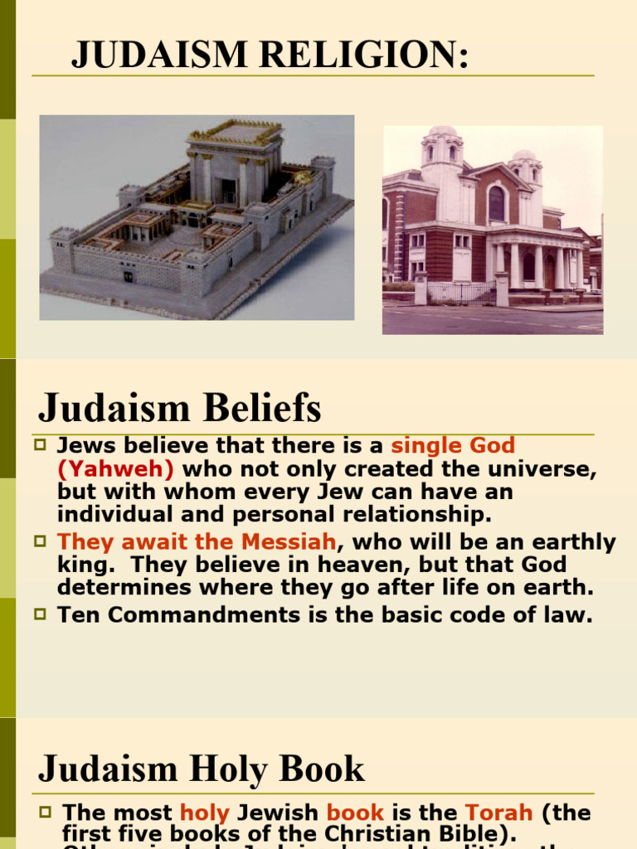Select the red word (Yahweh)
coord(115,469)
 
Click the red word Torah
coord(499,813)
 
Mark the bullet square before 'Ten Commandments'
coord(40,614)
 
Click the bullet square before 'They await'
coord(40,541)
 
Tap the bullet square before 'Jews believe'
coord(40,444)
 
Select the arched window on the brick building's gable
coord(497,203)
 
